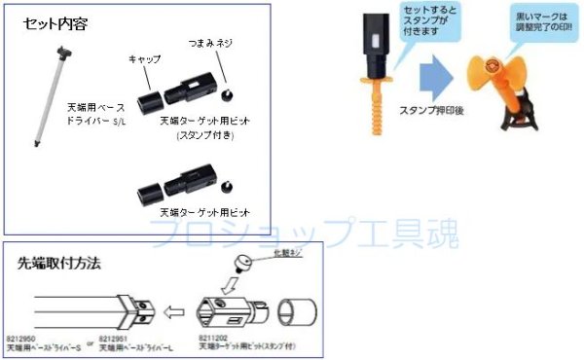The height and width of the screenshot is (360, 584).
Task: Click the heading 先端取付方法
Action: click(x=59, y=263)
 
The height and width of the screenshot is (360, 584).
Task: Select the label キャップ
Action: click(x=145, y=59)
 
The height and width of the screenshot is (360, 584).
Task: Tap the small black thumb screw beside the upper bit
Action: click(x=227, y=94)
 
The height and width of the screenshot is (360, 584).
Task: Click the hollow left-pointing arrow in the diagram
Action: click(x=174, y=314)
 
